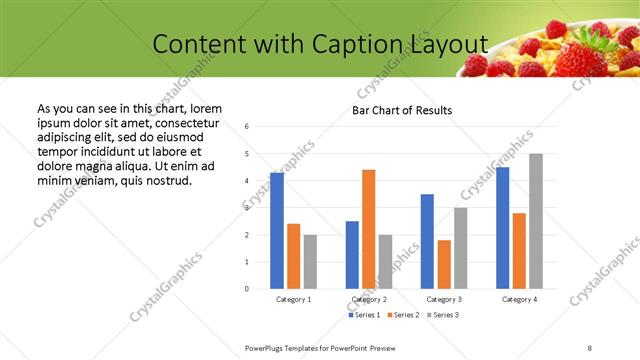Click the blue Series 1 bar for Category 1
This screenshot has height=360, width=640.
[277, 231]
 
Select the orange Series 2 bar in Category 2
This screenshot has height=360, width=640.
[369, 229]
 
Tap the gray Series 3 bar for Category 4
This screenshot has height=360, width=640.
[536, 221]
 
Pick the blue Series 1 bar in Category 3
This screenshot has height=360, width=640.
[427, 241]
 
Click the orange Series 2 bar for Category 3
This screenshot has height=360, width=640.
[444, 264]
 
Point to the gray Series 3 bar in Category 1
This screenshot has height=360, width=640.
[311, 262]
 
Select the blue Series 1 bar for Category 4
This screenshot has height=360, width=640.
[502, 228]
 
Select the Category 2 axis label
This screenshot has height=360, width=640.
[369, 299]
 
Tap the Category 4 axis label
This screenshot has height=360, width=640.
[519, 299]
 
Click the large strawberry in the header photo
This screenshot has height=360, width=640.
[579, 57]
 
